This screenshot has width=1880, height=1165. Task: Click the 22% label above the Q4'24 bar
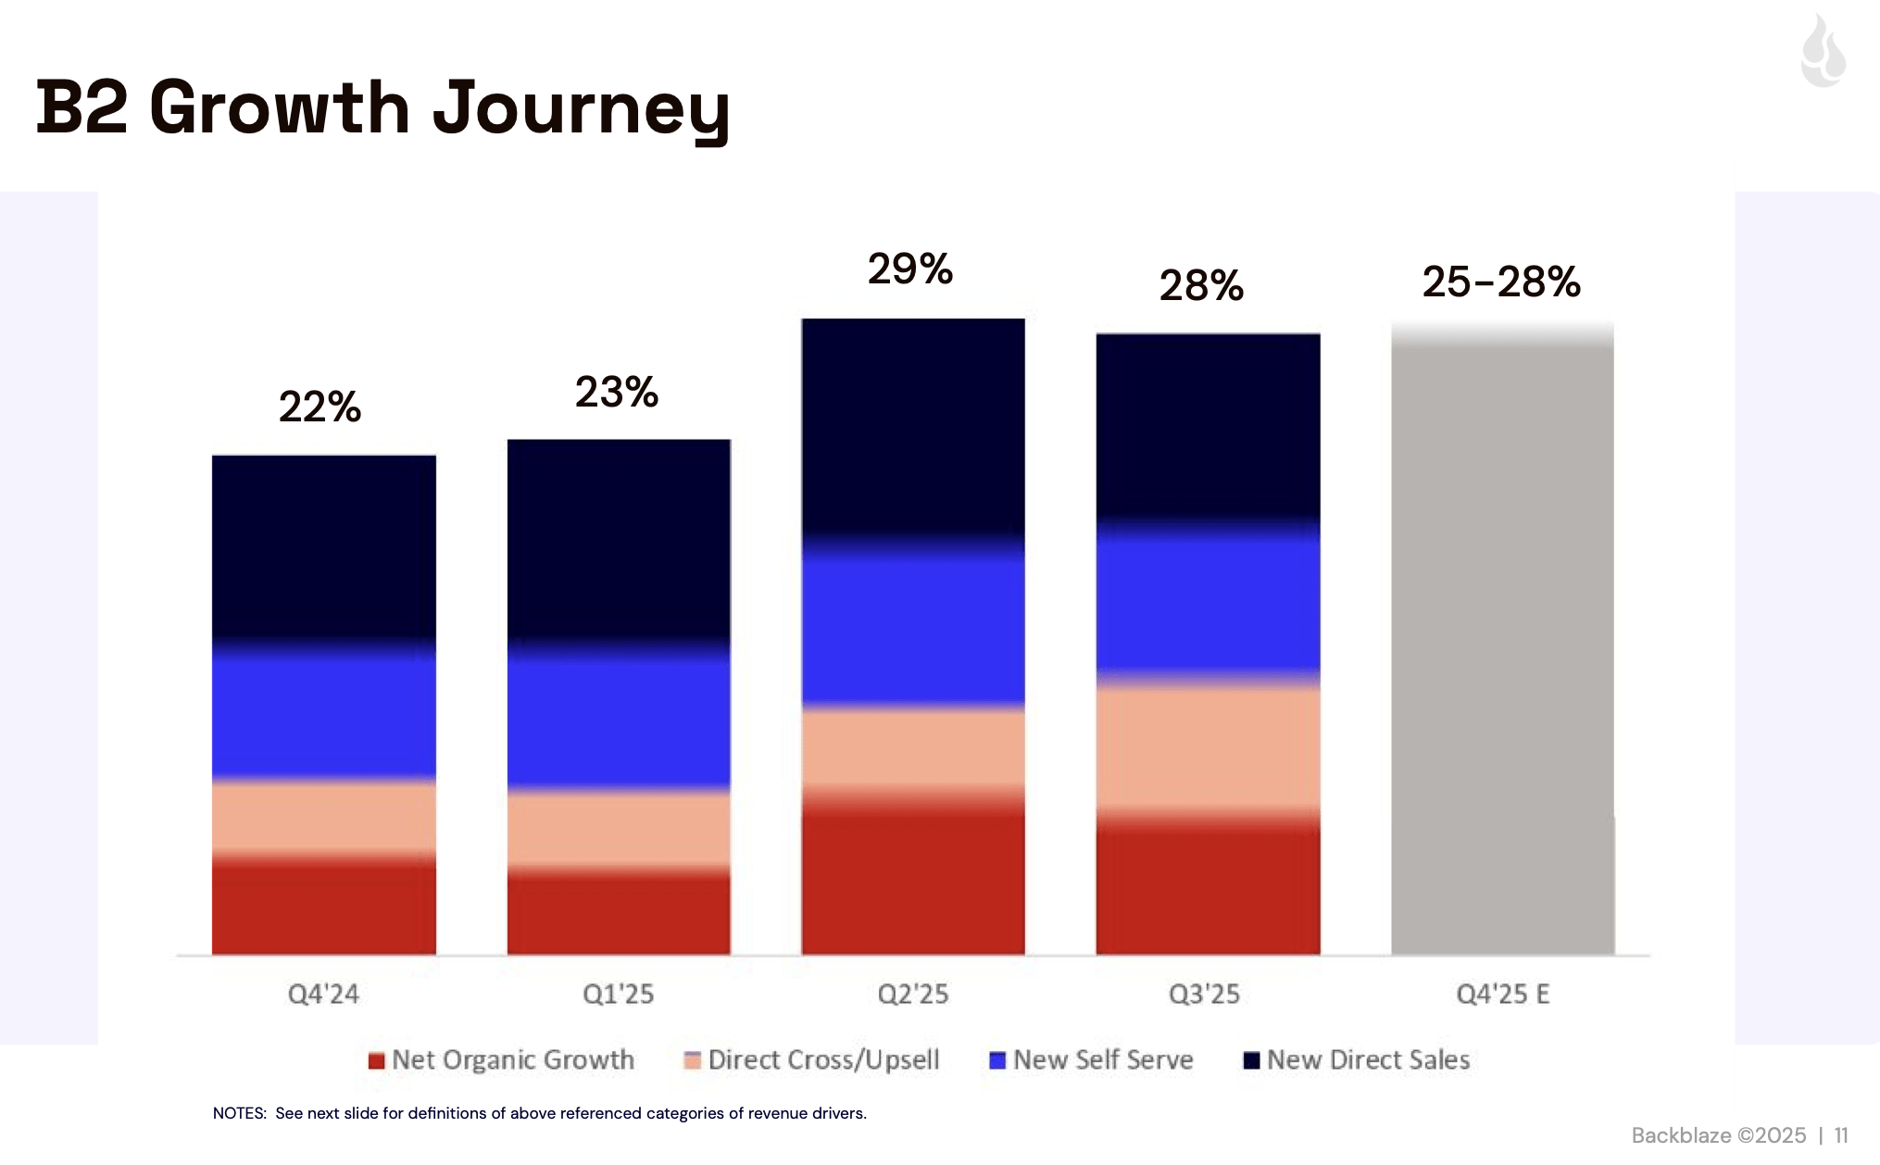pos(320,407)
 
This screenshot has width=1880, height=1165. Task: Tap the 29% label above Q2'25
pos(909,269)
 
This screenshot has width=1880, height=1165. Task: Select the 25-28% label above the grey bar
pos(1500,282)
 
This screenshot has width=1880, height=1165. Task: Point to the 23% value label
pos(616,393)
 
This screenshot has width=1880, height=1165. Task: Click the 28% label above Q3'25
pos(1201,285)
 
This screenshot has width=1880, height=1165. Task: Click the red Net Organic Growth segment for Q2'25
pos(912,880)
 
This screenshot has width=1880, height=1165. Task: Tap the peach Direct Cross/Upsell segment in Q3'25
pos(1208,748)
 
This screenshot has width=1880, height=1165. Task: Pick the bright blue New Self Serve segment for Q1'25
pos(619,718)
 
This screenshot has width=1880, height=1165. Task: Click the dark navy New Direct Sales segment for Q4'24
pos(323,546)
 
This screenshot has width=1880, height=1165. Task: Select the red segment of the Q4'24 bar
pos(323,908)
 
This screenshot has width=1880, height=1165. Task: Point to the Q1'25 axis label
pos(618,995)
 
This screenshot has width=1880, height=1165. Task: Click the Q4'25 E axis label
pos(1502,995)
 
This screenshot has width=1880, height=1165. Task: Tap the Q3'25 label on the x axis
pos(1204,995)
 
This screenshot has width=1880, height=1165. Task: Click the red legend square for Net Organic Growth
pos(376,1061)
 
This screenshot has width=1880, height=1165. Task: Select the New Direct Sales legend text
pos(1368,1060)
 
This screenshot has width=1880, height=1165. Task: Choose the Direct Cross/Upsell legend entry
pos(822,1060)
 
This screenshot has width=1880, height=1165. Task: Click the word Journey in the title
pos(581,109)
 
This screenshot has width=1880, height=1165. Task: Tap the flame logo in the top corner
pos(1823,52)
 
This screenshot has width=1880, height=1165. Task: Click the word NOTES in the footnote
pos(239,1113)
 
